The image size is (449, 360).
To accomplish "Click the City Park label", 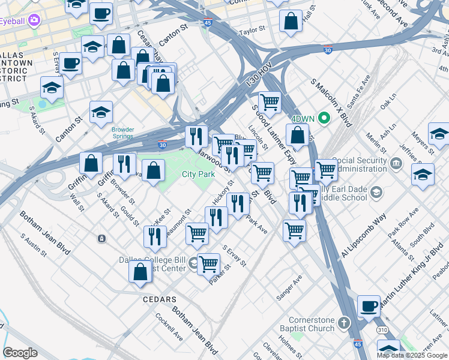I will point(198,175).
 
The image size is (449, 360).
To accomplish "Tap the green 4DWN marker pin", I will point(324,117).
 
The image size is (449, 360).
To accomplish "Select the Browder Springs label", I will point(123,133).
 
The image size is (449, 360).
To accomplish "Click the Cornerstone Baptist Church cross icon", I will point(343,323).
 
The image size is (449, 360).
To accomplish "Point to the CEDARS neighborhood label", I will point(159,299).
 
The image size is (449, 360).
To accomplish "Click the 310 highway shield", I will point(382,329).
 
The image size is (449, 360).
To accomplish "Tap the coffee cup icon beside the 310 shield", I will point(369,306).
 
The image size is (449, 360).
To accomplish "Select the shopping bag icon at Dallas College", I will point(140,271).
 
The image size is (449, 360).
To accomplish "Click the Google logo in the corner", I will point(20,353).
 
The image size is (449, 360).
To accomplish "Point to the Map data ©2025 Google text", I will point(412,355).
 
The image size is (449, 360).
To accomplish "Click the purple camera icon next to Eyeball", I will point(34,20).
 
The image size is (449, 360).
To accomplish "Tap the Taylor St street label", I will point(252,30).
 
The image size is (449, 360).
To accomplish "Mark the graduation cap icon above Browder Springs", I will point(101,112).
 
